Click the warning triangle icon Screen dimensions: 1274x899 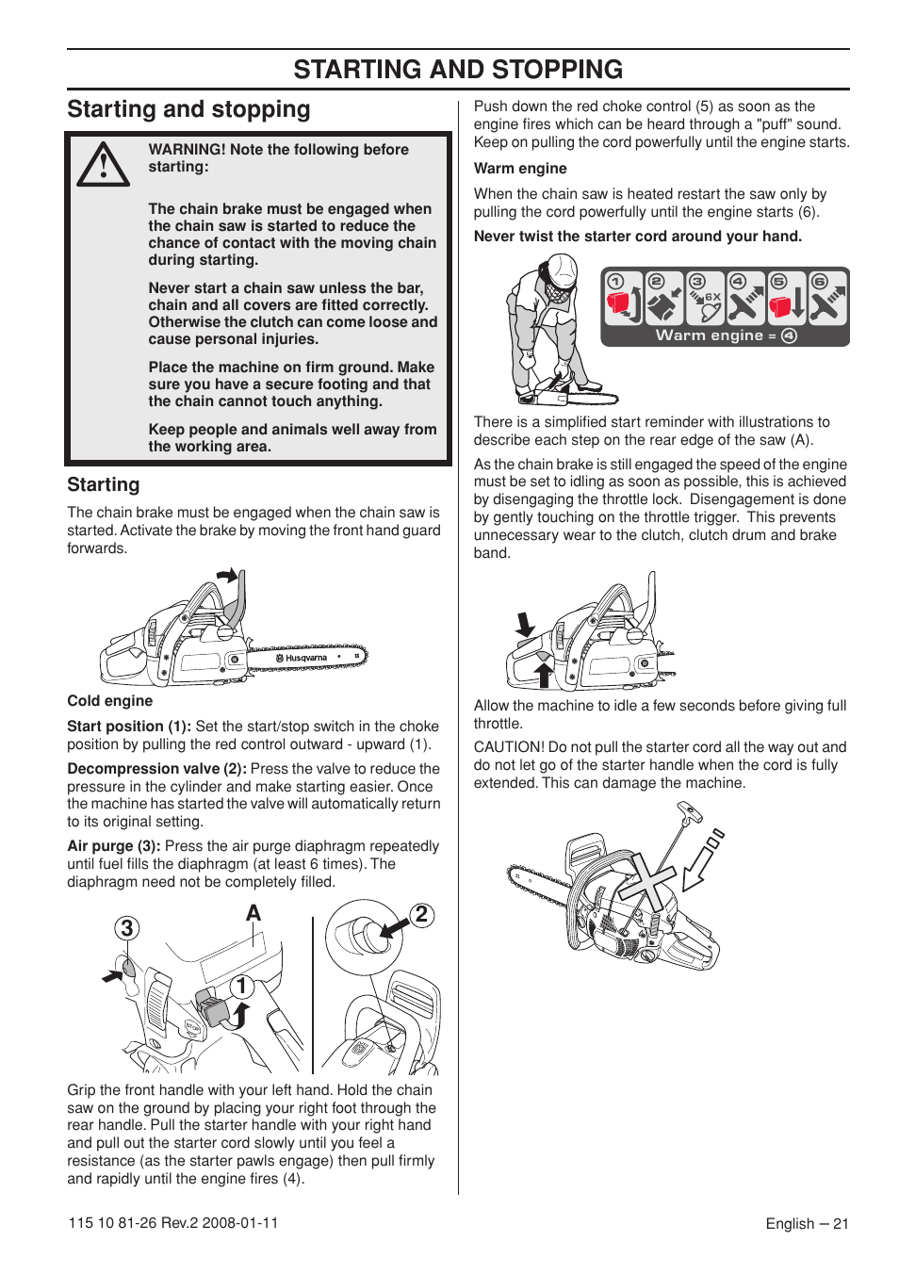pyautogui.click(x=103, y=165)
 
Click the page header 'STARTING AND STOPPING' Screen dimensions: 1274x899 pyautogui.click(x=458, y=70)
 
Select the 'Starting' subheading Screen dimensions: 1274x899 pyautogui.click(x=103, y=485)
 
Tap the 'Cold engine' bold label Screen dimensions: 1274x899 pyautogui.click(x=109, y=701)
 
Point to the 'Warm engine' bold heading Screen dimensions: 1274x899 pyautogui.click(x=520, y=169)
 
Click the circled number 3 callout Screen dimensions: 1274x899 pyautogui.click(x=127, y=928)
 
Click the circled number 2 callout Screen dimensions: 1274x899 pyautogui.click(x=422, y=914)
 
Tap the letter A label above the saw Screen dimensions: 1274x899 pyautogui.click(x=253, y=913)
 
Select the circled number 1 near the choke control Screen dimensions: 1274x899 pyautogui.click(x=241, y=987)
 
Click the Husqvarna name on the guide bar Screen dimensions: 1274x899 pyautogui.click(x=306, y=658)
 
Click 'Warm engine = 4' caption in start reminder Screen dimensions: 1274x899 pyautogui.click(x=726, y=335)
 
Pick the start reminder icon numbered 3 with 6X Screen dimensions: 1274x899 pyautogui.click(x=704, y=298)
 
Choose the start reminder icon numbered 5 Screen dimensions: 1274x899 pyautogui.click(x=786, y=298)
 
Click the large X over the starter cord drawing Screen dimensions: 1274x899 pyautogui.click(x=645, y=885)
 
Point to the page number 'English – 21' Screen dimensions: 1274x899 pyautogui.click(x=807, y=1224)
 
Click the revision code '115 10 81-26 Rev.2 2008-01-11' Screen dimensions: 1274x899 pyautogui.click(x=173, y=1223)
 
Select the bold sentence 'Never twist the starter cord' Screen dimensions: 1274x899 pyautogui.click(x=637, y=237)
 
